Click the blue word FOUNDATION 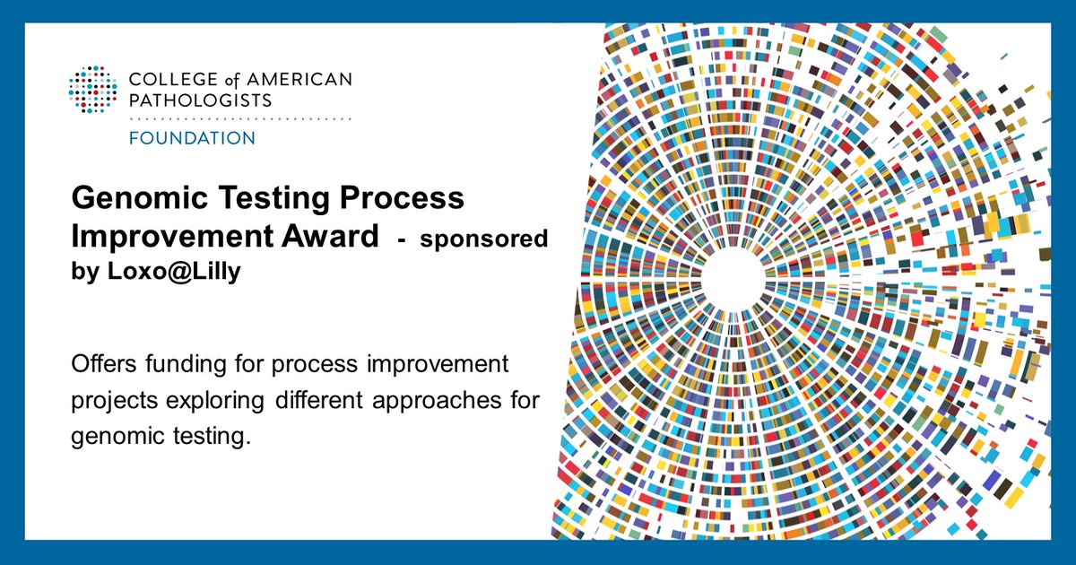[192, 138]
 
